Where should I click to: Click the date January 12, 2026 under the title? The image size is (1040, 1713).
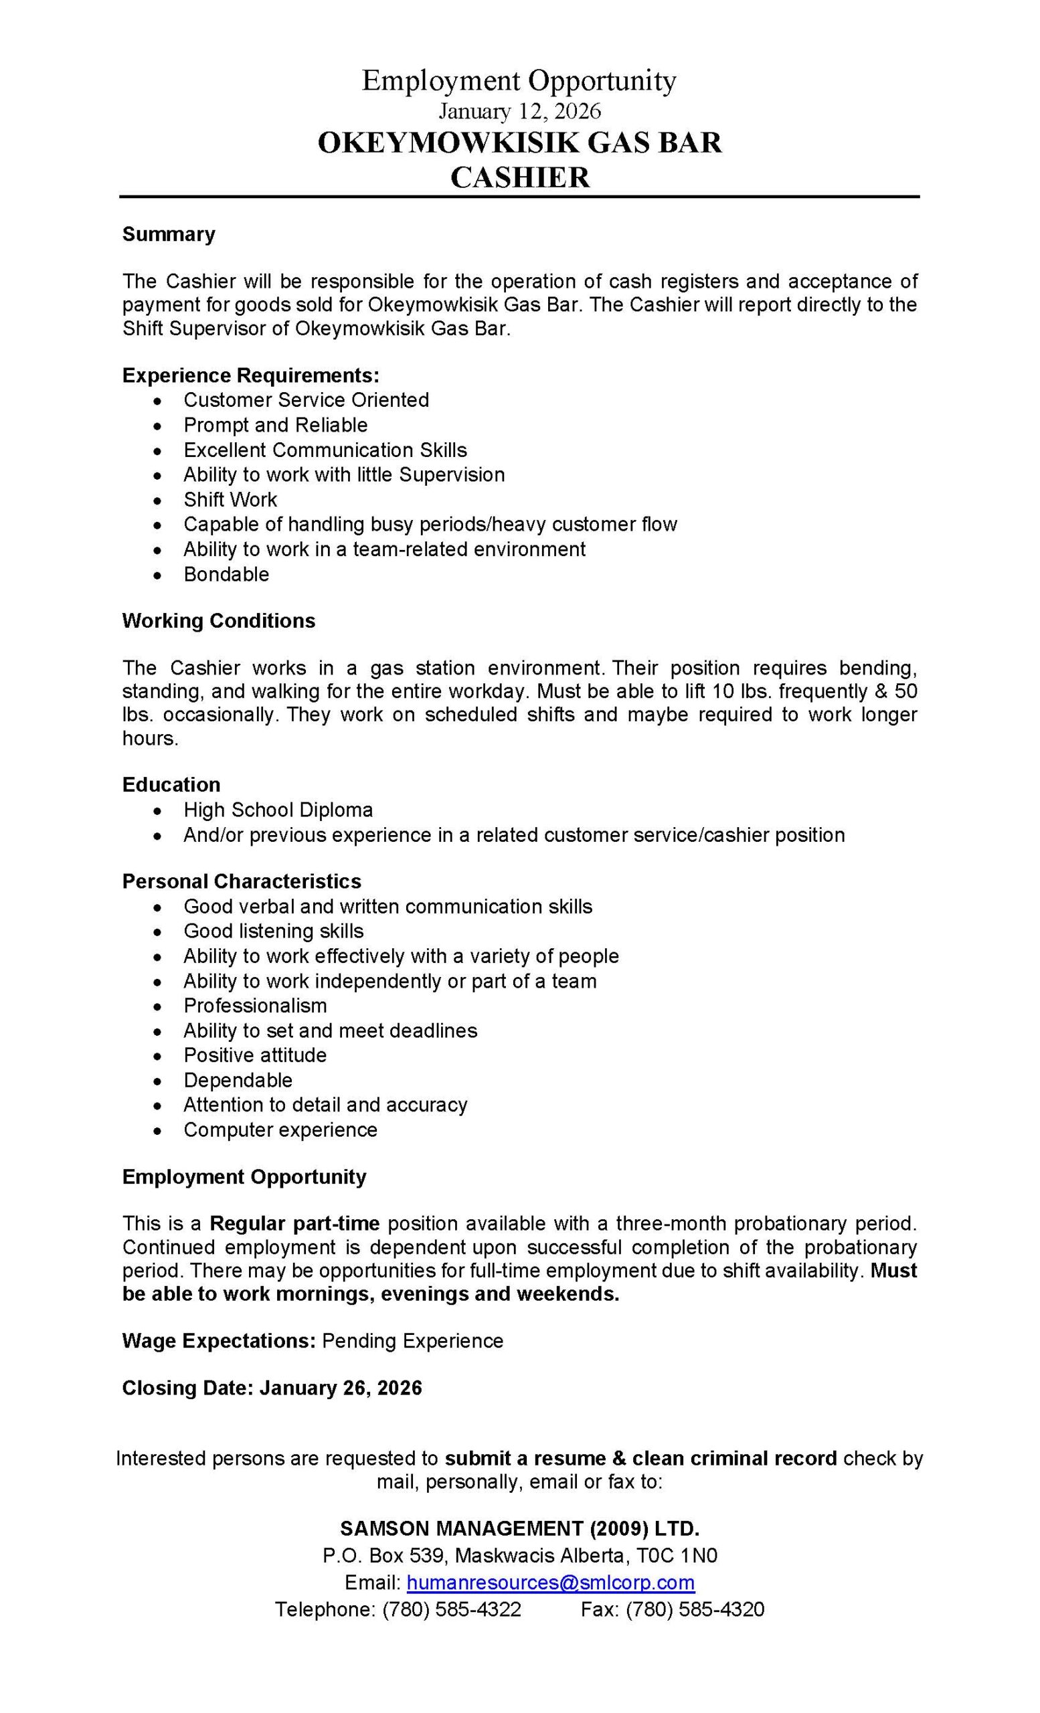click(519, 111)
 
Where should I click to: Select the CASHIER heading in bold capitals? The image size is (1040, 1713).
click(519, 177)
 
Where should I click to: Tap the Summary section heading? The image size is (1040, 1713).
click(168, 234)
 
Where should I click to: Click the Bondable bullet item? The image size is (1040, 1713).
click(226, 574)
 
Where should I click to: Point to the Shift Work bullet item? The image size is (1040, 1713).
click(230, 500)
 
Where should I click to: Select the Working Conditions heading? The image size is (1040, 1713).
click(218, 621)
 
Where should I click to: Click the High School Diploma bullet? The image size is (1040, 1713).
click(278, 810)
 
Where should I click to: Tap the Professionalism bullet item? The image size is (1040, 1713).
click(255, 1006)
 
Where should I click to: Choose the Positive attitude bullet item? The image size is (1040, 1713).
click(255, 1055)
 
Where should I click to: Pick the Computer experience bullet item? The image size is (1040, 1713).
click(280, 1130)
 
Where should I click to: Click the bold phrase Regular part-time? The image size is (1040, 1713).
click(294, 1223)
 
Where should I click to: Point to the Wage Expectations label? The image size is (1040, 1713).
click(219, 1341)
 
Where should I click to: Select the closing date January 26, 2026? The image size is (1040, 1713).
click(341, 1388)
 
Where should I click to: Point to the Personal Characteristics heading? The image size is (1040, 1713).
click(241, 881)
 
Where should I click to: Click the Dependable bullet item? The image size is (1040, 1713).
click(238, 1081)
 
